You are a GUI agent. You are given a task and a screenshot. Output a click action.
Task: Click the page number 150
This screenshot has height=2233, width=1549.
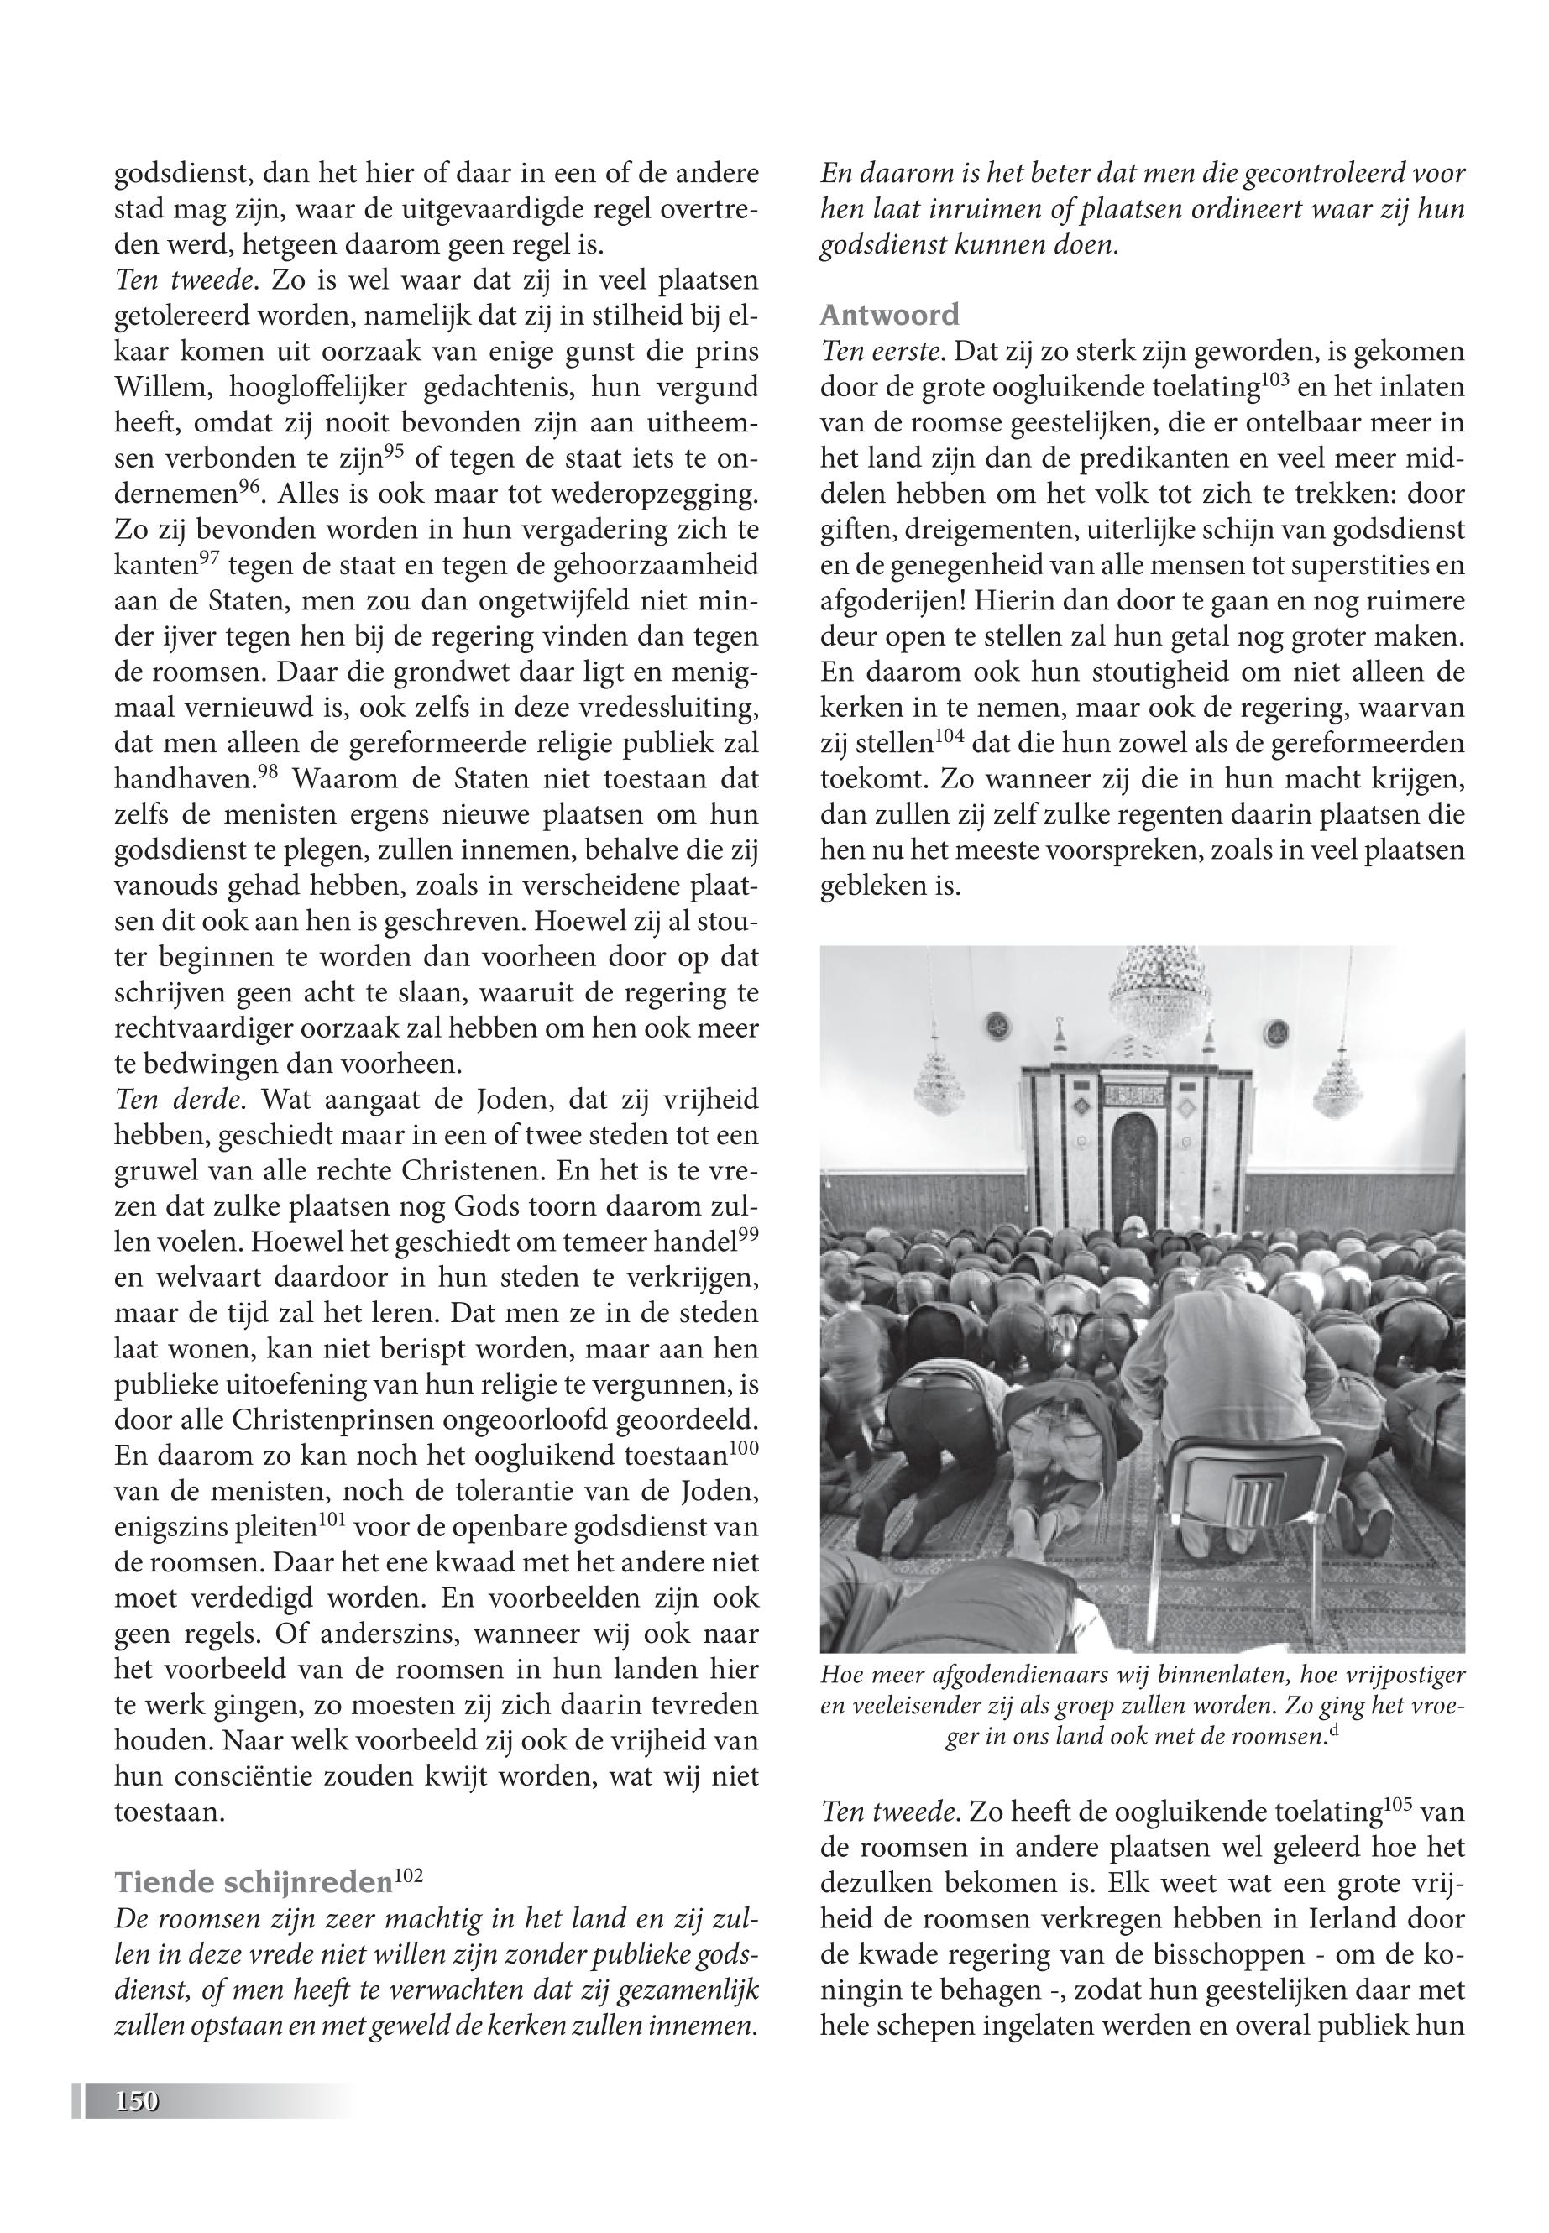(x=137, y=2102)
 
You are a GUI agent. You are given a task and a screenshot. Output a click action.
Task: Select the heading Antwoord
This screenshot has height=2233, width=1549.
(x=889, y=315)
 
